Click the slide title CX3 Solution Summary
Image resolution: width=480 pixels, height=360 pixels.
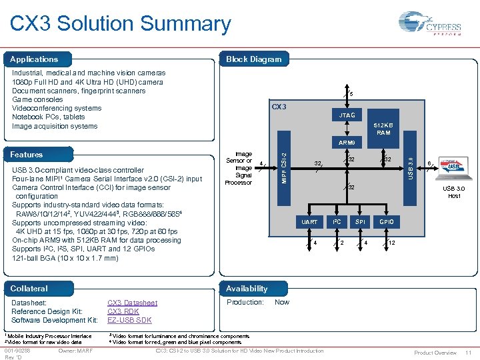pos(121,24)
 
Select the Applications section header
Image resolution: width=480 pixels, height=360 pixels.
pos(34,59)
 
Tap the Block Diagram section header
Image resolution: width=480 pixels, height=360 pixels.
pos(253,59)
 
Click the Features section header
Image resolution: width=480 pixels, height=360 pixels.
pos(27,154)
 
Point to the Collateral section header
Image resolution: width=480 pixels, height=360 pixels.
pos(29,288)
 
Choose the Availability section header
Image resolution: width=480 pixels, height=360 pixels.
pos(247,288)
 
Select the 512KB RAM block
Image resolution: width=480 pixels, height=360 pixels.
pos(383,128)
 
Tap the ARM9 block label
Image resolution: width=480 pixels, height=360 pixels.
pos(347,143)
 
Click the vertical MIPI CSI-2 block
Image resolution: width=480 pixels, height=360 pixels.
pos(284,167)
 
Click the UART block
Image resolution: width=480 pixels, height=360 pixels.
pos(310,221)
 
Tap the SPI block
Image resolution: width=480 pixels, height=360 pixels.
pos(360,221)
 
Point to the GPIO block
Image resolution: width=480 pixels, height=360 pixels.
pos(387,221)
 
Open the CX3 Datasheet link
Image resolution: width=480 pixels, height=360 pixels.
pos(132,303)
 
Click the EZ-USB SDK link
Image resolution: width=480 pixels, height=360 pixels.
pos(129,320)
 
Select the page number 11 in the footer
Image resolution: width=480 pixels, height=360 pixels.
pos(469,352)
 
